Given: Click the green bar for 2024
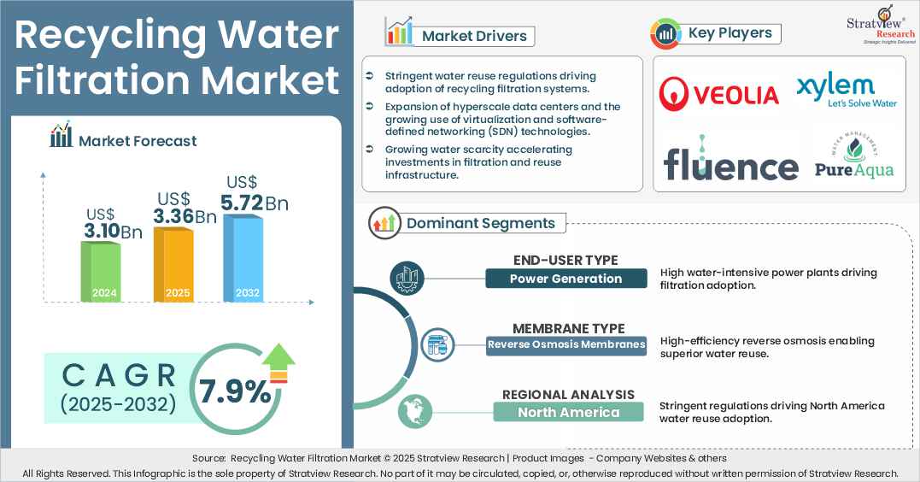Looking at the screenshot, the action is pos(100,271).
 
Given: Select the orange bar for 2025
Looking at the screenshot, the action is pos(173,264).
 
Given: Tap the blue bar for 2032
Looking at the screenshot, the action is pos(243,258).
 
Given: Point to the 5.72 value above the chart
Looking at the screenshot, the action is pos(241,203).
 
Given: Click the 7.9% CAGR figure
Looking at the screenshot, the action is pos(235,391).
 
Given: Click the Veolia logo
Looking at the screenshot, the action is pos(718,94).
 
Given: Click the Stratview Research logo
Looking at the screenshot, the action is pos(881,25).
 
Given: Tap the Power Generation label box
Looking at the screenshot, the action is pos(566,279).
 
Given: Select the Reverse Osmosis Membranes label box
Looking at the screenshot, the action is pos(566,345).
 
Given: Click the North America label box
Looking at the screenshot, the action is pos(568,412).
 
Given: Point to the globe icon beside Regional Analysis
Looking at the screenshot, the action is pos(415,412).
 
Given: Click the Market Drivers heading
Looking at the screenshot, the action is pos(474,36).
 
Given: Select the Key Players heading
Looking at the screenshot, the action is pos(730,32).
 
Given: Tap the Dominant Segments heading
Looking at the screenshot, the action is pos(481,223).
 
